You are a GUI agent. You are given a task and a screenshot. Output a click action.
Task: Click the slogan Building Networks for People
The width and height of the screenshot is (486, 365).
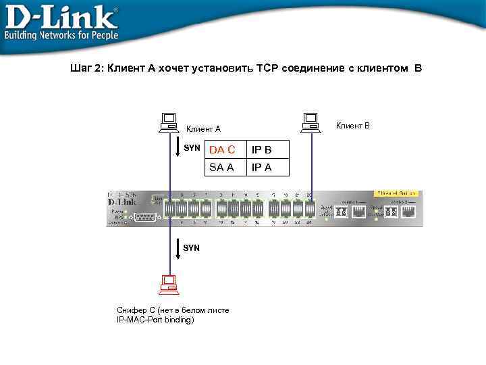[x=61, y=35]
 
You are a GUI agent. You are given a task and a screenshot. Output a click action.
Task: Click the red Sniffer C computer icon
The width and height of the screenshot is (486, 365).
[x=167, y=285]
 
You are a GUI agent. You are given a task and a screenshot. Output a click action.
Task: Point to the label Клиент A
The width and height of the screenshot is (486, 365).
[x=203, y=129]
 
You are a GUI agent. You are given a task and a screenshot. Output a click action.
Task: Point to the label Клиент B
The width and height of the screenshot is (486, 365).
[x=353, y=126]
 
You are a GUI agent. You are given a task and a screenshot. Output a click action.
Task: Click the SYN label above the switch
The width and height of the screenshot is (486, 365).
[x=192, y=147]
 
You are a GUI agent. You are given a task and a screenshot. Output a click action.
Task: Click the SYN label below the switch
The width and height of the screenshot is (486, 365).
[x=192, y=248]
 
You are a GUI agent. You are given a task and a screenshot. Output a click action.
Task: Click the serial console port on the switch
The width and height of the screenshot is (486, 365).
[x=145, y=216]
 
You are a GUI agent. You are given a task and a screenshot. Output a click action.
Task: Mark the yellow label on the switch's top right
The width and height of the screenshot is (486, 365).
[x=396, y=193]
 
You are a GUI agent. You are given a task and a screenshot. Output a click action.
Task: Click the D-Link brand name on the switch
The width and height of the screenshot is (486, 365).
[x=122, y=201]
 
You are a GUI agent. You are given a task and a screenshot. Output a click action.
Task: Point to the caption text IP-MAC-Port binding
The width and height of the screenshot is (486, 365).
[x=155, y=319]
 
